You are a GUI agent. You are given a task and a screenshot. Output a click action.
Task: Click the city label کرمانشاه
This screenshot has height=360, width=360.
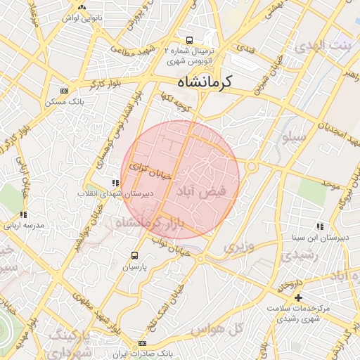[205, 82]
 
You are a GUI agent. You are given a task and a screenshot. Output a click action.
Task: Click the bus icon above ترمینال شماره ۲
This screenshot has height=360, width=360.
[189, 40]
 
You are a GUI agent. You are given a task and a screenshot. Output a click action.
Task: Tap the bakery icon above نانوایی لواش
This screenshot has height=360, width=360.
[82, 7]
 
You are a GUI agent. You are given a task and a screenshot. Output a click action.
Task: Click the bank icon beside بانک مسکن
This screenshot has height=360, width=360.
[65, 91]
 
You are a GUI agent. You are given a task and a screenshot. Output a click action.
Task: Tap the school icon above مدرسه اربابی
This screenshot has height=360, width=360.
[23, 214]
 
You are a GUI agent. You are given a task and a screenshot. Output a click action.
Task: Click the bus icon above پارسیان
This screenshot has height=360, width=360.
[135, 256]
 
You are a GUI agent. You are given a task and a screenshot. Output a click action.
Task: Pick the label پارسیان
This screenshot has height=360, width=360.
[135, 266]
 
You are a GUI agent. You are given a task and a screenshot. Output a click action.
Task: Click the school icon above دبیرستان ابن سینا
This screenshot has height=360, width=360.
[320, 226]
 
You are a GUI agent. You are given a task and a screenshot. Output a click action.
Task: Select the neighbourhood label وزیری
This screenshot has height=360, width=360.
[236, 247]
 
